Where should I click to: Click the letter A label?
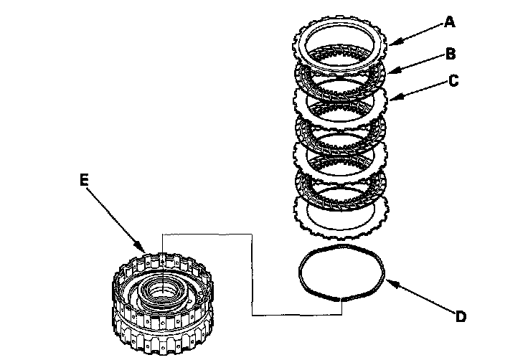(x=449, y=22)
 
